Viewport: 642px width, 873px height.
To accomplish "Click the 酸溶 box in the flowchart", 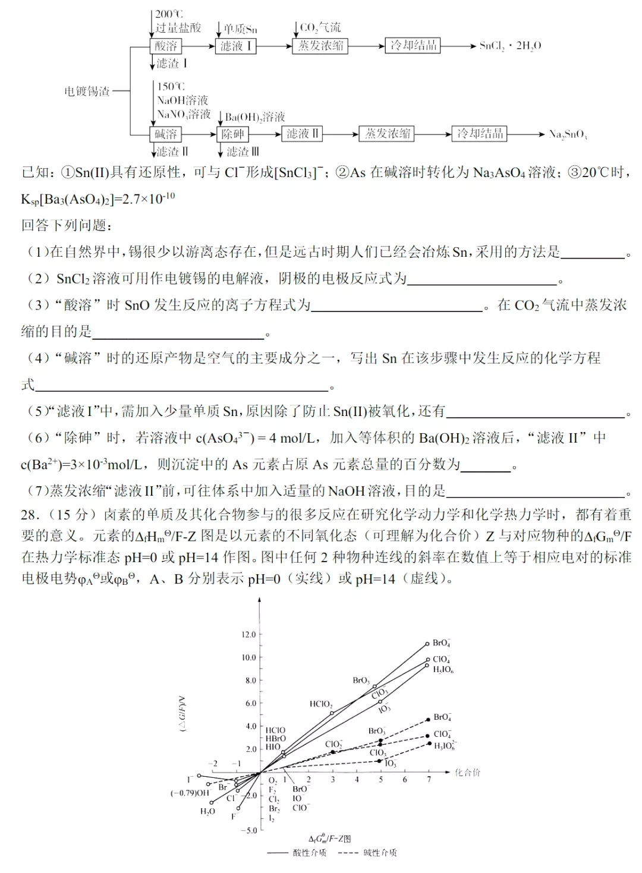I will pyautogui.click(x=166, y=46).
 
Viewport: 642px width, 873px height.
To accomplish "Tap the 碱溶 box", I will pyautogui.click(x=166, y=134).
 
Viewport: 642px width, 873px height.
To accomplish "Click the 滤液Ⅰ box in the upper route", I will pyautogui.click(x=235, y=46).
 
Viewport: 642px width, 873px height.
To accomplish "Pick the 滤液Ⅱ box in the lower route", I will pyautogui.click(x=302, y=134).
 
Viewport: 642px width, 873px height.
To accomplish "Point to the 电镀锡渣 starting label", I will pyautogui.click(x=87, y=91).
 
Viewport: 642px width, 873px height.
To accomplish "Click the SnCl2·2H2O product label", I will pyautogui.click(x=510, y=46).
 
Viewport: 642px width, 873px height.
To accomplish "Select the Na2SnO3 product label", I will pyautogui.click(x=567, y=134).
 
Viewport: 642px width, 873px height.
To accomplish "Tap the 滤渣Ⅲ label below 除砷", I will pyautogui.click(x=243, y=152).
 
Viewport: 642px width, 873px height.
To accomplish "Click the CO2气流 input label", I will pyautogui.click(x=320, y=27).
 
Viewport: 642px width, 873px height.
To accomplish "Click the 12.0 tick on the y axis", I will pyautogui.click(x=248, y=635).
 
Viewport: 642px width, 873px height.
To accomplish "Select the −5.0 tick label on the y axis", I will pyautogui.click(x=248, y=830).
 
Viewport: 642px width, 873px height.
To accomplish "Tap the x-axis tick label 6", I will pyautogui.click(x=405, y=780).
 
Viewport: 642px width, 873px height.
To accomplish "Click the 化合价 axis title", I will pyautogui.click(x=467, y=773).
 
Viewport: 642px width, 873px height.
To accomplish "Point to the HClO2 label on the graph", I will pyautogui.click(x=320, y=704).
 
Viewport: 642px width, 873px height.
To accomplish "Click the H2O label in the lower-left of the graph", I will pyautogui.click(x=207, y=811).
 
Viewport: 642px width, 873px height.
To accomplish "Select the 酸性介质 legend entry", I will pyautogui.click(x=309, y=853).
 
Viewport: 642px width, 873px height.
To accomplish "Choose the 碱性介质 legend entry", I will pyautogui.click(x=380, y=853).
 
